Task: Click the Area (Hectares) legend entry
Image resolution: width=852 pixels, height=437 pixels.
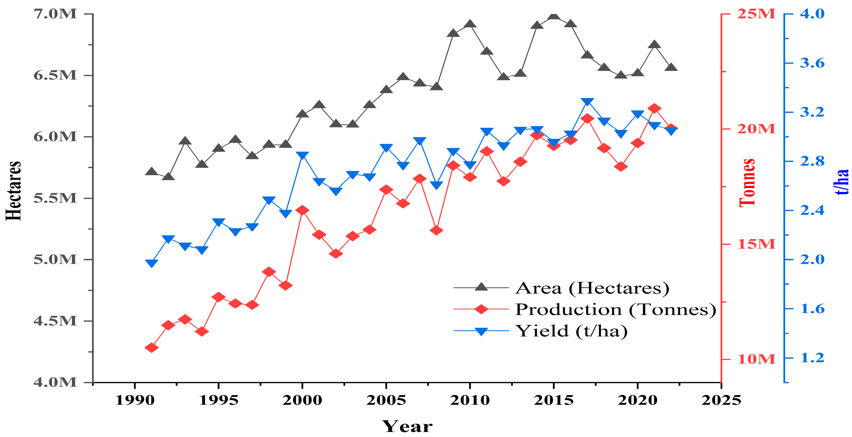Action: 592,288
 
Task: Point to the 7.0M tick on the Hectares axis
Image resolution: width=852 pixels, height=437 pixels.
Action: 55,14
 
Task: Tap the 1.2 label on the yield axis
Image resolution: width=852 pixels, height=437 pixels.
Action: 812,358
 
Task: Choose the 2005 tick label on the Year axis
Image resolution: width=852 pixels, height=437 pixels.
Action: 386,400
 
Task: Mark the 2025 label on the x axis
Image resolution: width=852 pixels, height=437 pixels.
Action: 721,400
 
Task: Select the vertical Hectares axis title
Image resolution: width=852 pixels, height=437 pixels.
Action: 13,191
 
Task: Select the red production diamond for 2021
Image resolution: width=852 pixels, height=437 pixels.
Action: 654,108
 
